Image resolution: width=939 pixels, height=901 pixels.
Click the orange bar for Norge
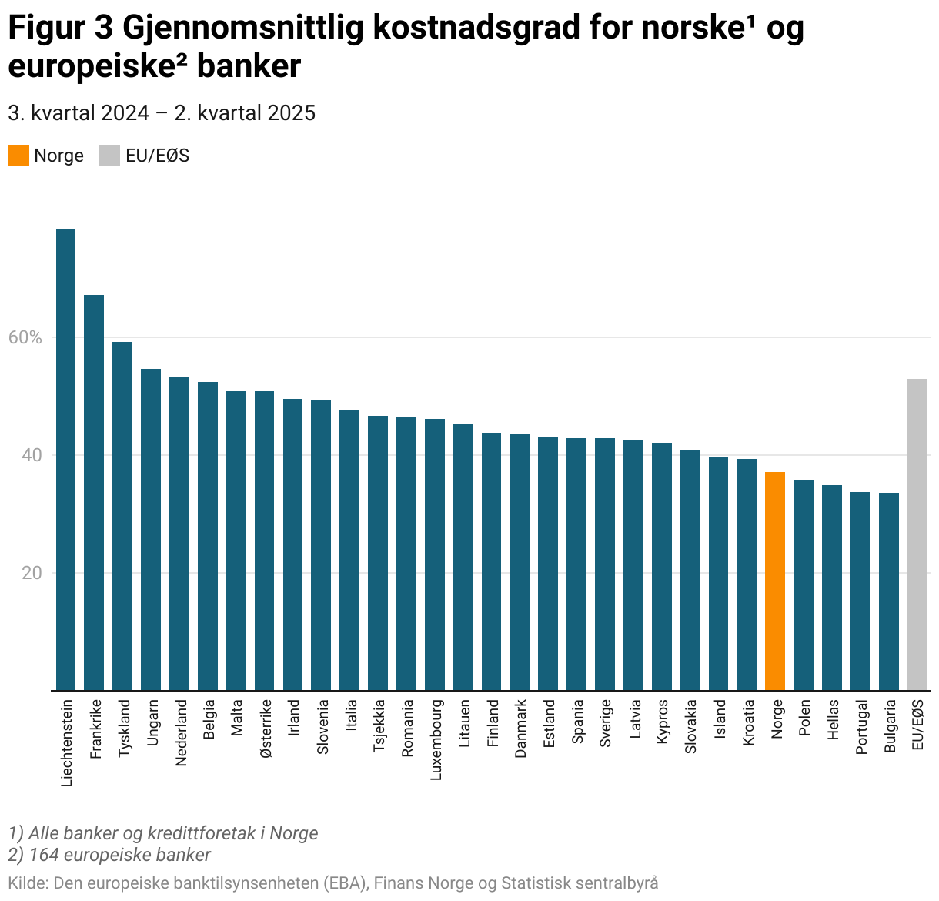click(x=775, y=581)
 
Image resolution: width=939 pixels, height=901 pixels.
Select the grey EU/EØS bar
click(x=917, y=534)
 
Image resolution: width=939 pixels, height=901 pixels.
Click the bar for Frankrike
click(x=94, y=493)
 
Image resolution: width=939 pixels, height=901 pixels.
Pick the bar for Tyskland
click(x=122, y=516)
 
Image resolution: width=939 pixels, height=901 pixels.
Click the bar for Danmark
click(x=520, y=562)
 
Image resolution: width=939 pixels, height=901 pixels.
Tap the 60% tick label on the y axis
click(x=25, y=337)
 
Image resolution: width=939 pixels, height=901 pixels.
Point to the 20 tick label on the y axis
click(x=32, y=573)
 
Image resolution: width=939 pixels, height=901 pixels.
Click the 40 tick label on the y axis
click(x=32, y=455)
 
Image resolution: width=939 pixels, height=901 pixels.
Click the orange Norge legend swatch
click(x=18, y=156)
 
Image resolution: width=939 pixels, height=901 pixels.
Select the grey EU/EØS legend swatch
click(x=109, y=156)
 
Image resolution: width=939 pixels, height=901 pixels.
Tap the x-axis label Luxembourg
click(x=436, y=739)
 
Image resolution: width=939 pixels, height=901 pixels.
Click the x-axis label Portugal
click(x=861, y=727)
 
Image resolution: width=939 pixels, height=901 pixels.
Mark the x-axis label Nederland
click(x=181, y=732)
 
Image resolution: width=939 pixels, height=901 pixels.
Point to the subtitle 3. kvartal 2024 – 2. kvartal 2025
click(x=162, y=113)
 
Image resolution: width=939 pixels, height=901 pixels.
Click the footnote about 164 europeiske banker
click(x=109, y=855)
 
